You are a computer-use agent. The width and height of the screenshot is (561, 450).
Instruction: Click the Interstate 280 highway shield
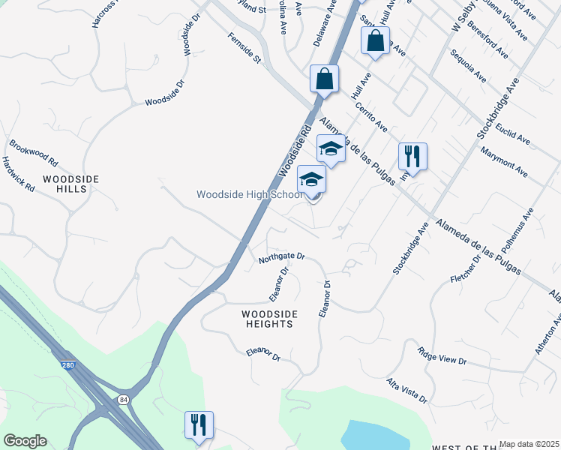(67, 365)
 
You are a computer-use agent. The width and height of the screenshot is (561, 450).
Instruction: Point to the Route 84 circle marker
(121, 400)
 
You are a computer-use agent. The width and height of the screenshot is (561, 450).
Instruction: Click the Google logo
(25, 441)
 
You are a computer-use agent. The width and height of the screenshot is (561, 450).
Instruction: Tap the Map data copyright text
(529, 444)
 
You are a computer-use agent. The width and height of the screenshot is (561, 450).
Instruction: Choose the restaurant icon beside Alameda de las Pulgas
(412, 157)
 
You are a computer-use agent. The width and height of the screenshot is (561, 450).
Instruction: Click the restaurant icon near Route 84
(199, 424)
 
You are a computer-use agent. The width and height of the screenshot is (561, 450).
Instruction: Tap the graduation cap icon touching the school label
(312, 179)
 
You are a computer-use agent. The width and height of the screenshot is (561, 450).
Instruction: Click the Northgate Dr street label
(281, 257)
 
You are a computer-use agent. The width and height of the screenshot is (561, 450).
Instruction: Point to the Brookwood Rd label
(34, 152)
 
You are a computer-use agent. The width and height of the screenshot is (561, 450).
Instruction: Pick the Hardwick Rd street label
(18, 174)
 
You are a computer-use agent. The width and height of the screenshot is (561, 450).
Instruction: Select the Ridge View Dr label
(442, 355)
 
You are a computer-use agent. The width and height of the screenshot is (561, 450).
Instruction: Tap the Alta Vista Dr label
(406, 390)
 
